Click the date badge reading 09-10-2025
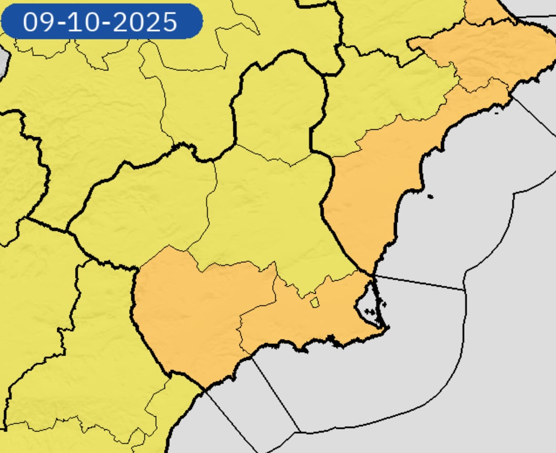click(101, 22)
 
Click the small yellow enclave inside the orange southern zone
click(315, 302)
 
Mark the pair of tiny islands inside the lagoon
click(370, 312)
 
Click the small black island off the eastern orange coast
click(430, 197)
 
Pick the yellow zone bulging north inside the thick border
click(279, 110)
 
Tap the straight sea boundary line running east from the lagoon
click(420, 283)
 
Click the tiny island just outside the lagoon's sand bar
click(385, 304)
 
